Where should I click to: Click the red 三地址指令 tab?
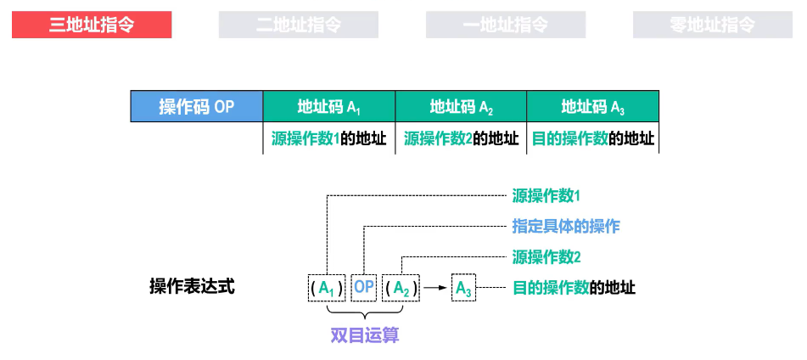[x=92, y=25]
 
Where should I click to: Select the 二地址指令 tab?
[x=299, y=25]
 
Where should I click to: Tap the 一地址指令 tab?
[x=506, y=25]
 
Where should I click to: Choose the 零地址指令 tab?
[x=713, y=25]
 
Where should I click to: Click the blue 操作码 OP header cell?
[x=196, y=107]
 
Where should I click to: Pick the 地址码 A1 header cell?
[x=329, y=107]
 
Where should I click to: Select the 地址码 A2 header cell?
[x=462, y=107]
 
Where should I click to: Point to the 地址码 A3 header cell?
[x=593, y=107]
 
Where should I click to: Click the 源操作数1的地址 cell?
[x=329, y=138]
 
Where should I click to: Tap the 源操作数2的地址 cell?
[x=462, y=138]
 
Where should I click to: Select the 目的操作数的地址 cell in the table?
[x=593, y=138]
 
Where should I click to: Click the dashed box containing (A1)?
[x=327, y=288]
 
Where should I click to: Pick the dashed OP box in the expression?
[x=364, y=288]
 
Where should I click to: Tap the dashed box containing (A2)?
[x=401, y=288]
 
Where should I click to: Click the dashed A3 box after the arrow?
[x=463, y=288]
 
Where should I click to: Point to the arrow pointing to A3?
[x=434, y=288]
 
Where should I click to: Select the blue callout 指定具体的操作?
[x=566, y=226]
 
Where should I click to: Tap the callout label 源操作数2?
[x=546, y=256]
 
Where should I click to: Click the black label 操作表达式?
[x=192, y=287]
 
